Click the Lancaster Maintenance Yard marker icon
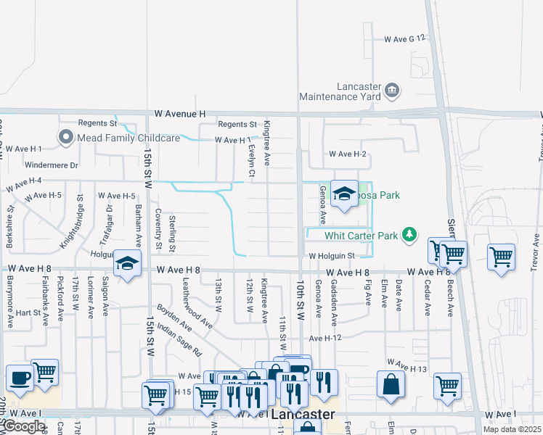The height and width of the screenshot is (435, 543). click(x=393, y=90)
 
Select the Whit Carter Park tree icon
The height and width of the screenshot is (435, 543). click(x=410, y=235)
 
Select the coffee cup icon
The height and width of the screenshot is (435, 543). click(x=20, y=378)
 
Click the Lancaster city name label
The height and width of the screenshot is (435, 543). click(x=303, y=415)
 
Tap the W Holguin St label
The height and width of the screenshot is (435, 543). click(x=330, y=256)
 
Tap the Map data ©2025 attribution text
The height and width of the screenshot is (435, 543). click(x=512, y=429)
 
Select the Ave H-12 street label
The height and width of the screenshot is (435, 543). click(x=324, y=338)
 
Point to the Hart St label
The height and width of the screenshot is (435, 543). click(x=28, y=312)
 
